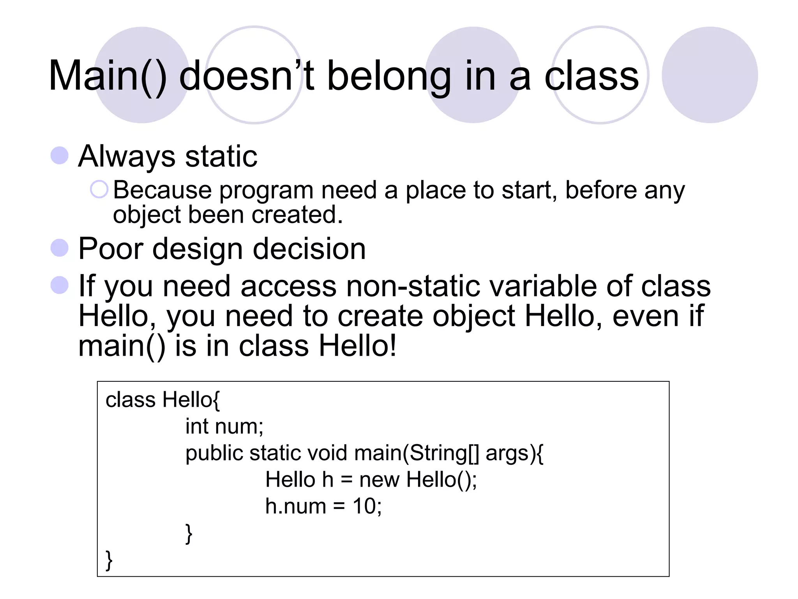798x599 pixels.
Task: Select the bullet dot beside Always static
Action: [60, 156]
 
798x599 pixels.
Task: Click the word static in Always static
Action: [221, 156]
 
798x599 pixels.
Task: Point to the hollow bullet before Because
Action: [99, 190]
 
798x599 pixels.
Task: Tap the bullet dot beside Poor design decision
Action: [60, 248]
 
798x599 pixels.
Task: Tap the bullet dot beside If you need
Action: [60, 285]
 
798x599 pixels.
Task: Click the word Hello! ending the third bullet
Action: [358, 346]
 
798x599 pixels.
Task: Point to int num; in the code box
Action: [224, 426]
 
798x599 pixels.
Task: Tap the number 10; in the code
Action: [367, 506]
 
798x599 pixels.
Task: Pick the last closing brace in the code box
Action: [109, 560]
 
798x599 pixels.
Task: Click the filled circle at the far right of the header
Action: [710, 75]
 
